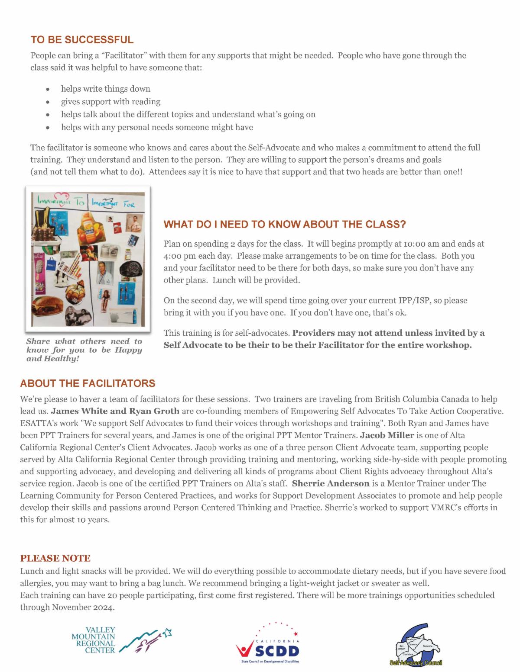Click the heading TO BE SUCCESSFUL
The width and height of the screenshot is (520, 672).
click(82, 40)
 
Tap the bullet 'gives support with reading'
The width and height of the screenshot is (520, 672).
click(110, 102)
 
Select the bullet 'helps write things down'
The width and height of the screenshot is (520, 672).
click(105, 89)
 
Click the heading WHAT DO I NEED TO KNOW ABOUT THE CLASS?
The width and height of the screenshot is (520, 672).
click(284, 225)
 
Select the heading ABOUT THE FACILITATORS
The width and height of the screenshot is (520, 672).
click(88, 383)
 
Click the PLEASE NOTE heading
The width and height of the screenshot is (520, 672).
click(55, 558)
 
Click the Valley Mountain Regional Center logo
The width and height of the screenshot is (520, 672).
click(121, 641)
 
